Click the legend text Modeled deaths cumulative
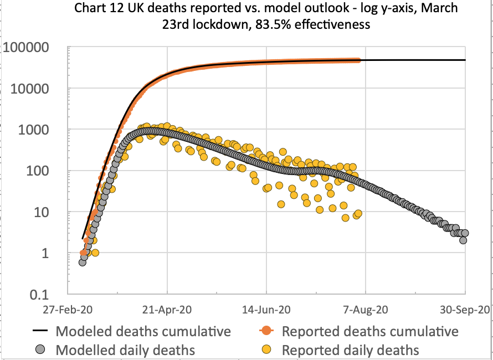tap(143, 331)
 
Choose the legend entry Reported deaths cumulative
tap(370, 331)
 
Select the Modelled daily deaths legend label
tap(125, 349)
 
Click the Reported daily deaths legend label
tap(350, 349)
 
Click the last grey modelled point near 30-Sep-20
tap(465, 233)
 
